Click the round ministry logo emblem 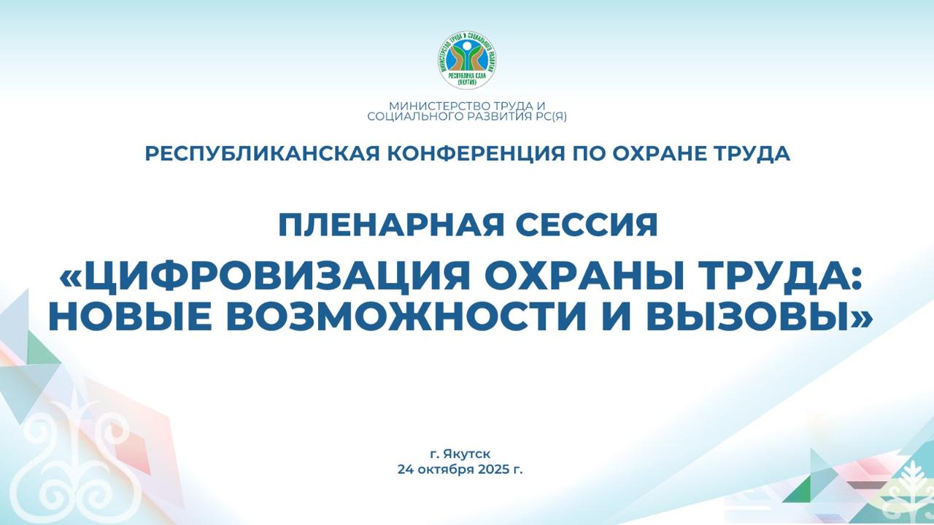tap(467, 60)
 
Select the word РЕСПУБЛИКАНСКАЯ tap(262, 154)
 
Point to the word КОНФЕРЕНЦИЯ tap(477, 154)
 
